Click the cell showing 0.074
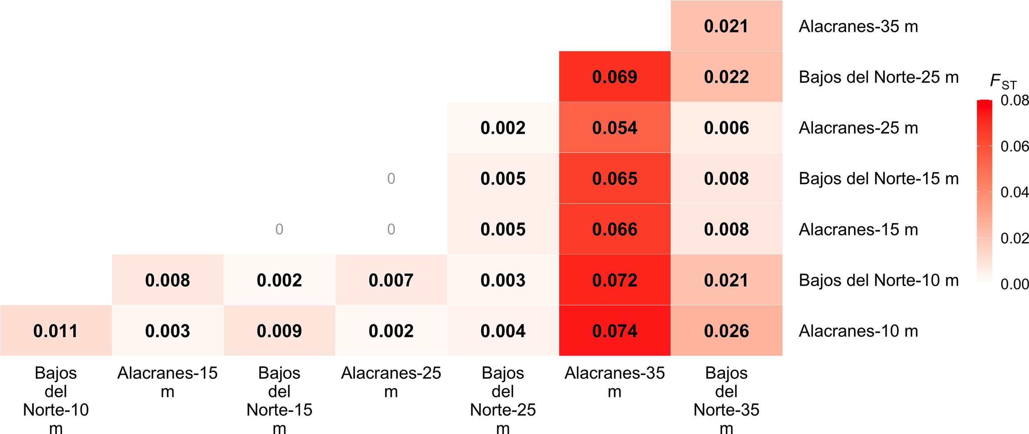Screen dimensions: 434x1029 615,331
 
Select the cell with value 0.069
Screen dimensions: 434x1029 615,77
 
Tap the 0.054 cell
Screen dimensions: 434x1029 615,128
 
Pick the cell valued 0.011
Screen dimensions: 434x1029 56,331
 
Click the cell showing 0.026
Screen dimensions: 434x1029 726,331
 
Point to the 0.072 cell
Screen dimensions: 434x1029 615,280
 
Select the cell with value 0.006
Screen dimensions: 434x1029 726,128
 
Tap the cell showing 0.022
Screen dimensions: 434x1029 726,77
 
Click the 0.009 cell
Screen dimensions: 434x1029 279,331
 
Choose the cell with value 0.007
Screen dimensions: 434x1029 391,280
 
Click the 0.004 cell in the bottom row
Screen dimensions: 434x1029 503,331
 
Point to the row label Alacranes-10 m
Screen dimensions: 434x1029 858,331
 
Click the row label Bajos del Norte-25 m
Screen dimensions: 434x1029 879,77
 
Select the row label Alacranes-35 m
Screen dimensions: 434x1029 858,26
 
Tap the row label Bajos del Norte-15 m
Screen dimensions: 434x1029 879,179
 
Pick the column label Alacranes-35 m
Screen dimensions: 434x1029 615,382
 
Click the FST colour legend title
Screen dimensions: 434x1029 1003,82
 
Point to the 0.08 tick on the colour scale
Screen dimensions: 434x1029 1014,100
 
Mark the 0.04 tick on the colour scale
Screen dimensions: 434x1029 1014,192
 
